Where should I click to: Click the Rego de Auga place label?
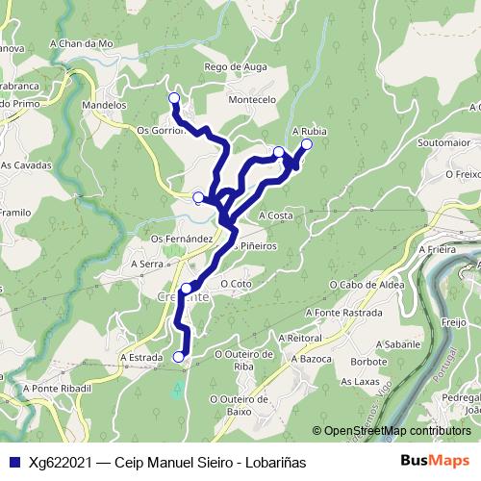(x=234, y=66)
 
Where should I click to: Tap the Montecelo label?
(x=251, y=99)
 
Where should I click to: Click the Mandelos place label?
(x=105, y=104)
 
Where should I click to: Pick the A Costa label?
(x=275, y=215)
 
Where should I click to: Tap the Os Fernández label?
(x=181, y=238)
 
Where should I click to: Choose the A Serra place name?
(x=147, y=263)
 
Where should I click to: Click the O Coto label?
(x=236, y=284)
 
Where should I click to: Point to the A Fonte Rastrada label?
(x=342, y=313)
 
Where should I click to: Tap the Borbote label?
(x=368, y=362)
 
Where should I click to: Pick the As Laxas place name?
(x=360, y=381)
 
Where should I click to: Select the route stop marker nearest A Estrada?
(x=178, y=357)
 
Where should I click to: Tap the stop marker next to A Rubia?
(x=307, y=144)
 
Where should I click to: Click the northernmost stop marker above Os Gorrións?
(x=174, y=98)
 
